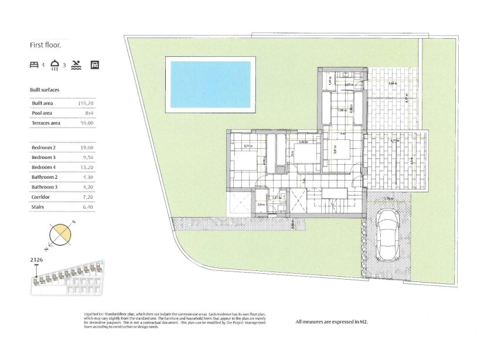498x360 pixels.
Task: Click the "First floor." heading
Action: point(45,44)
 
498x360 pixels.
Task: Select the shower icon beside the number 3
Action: point(55,64)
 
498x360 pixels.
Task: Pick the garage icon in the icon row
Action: point(94,65)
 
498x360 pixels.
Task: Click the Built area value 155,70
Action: point(86,103)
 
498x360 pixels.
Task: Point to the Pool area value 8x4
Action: point(89,113)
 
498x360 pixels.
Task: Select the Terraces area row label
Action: point(46,123)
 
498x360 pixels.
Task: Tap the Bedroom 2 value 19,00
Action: point(87,148)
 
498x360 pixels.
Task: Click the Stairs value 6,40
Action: point(88,207)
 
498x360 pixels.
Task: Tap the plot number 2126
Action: point(36,259)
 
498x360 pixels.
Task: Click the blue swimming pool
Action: point(210,83)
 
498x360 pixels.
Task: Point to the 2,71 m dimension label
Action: point(247,146)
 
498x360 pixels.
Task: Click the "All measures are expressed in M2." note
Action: point(332,321)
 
